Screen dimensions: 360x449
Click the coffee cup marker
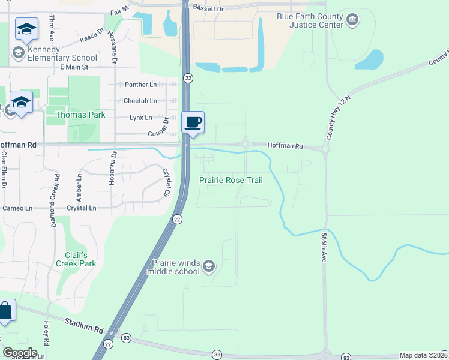tap(193, 123)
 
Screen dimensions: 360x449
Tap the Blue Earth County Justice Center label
tap(310, 21)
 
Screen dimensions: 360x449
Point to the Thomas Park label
tap(80, 115)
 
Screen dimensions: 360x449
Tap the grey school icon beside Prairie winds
tap(208, 266)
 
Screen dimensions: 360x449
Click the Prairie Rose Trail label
tap(231, 180)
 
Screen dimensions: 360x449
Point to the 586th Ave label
tap(323, 247)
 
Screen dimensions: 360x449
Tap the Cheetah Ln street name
tap(140, 101)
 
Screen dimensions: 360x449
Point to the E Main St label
tap(74, 67)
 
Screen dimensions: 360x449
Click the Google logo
tap(19, 353)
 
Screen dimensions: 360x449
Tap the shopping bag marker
tap(5, 312)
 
